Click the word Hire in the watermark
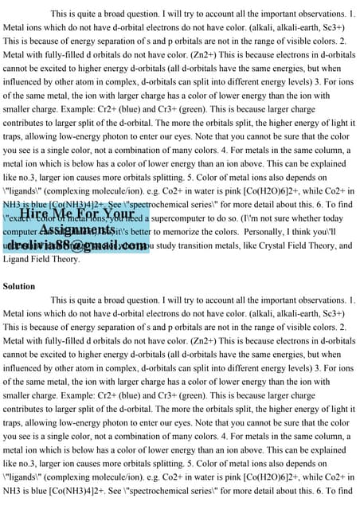click(x=35, y=214)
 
